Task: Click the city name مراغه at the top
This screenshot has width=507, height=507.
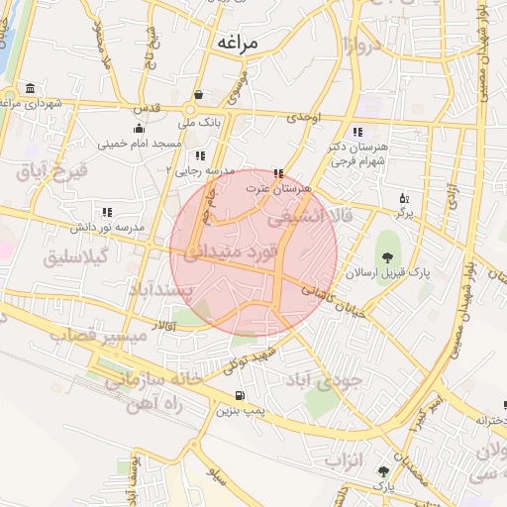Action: click(x=235, y=44)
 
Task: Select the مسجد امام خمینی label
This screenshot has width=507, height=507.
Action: click(x=138, y=143)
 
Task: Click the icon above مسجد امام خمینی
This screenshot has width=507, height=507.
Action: click(x=138, y=128)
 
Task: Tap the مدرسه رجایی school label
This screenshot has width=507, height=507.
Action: click(x=205, y=171)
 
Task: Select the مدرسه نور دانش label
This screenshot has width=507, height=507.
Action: click(x=106, y=227)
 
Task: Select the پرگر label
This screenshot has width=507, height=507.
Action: click(x=403, y=212)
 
